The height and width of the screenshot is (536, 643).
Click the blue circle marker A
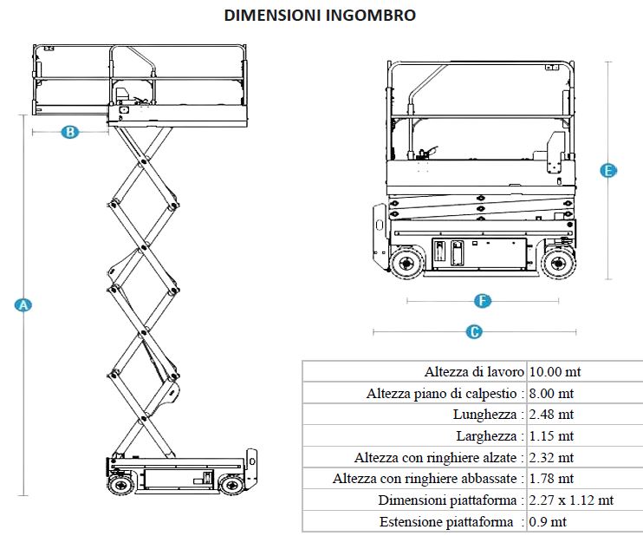pyautogui.click(x=23, y=304)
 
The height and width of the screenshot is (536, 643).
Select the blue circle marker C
pyautogui.click(x=474, y=331)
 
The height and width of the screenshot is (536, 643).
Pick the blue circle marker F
pyautogui.click(x=483, y=301)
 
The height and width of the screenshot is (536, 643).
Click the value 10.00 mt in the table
pyautogui.click(x=555, y=372)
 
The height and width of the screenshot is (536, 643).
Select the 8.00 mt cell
pyautogui.click(x=551, y=393)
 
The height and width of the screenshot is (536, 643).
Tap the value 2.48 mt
pyautogui.click(x=551, y=415)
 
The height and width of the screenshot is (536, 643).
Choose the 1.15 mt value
pyautogui.click(x=551, y=435)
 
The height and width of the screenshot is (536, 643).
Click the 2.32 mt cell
pyautogui.click(x=551, y=457)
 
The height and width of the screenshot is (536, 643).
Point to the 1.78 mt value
pyautogui.click(x=551, y=478)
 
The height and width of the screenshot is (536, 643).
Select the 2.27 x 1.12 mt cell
pyautogui.click(x=571, y=500)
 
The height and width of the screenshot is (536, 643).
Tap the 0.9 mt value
pyautogui.click(x=548, y=521)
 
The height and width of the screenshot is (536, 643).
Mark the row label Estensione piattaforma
pyautogui.click(x=451, y=521)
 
